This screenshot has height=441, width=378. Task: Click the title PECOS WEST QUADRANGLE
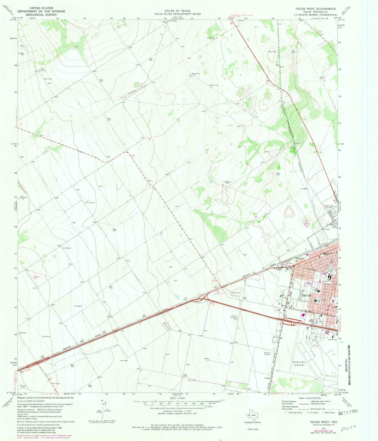click(x=313, y=9)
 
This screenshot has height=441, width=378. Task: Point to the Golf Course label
click(x=332, y=340)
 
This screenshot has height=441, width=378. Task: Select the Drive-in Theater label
click(x=267, y=353)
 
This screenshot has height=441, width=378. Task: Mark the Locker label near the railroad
click(x=267, y=378)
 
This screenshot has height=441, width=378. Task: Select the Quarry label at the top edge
click(x=241, y=21)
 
